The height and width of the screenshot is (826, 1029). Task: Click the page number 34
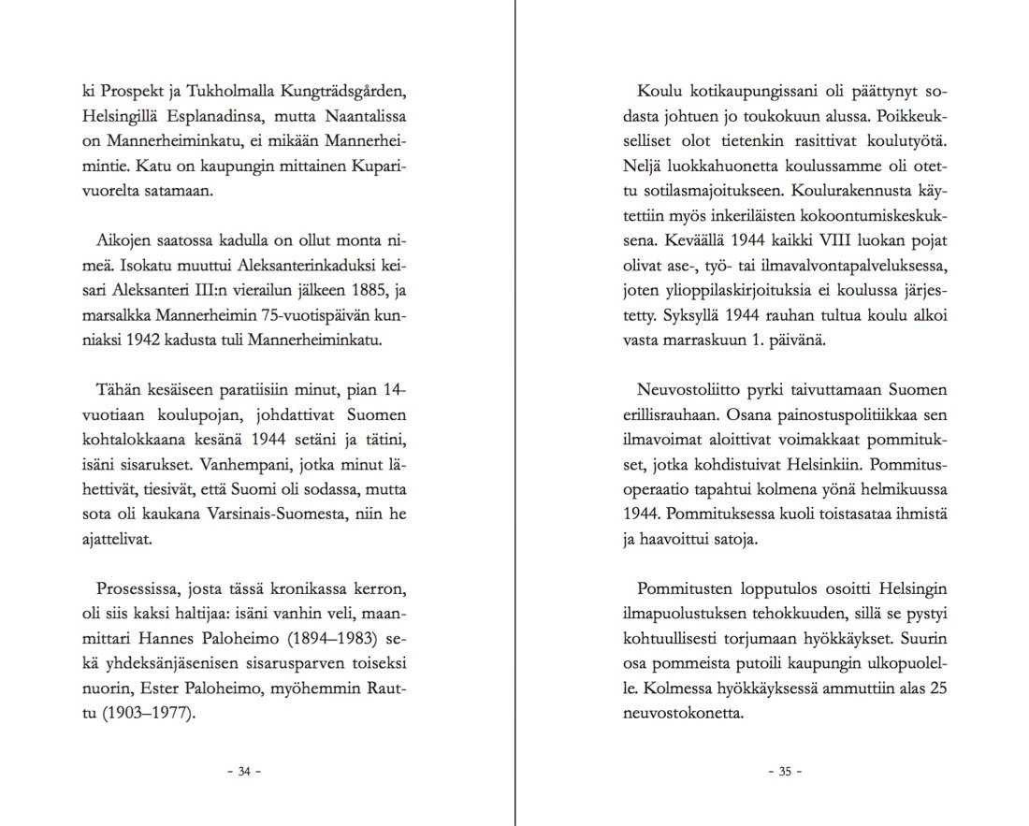[x=244, y=772]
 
